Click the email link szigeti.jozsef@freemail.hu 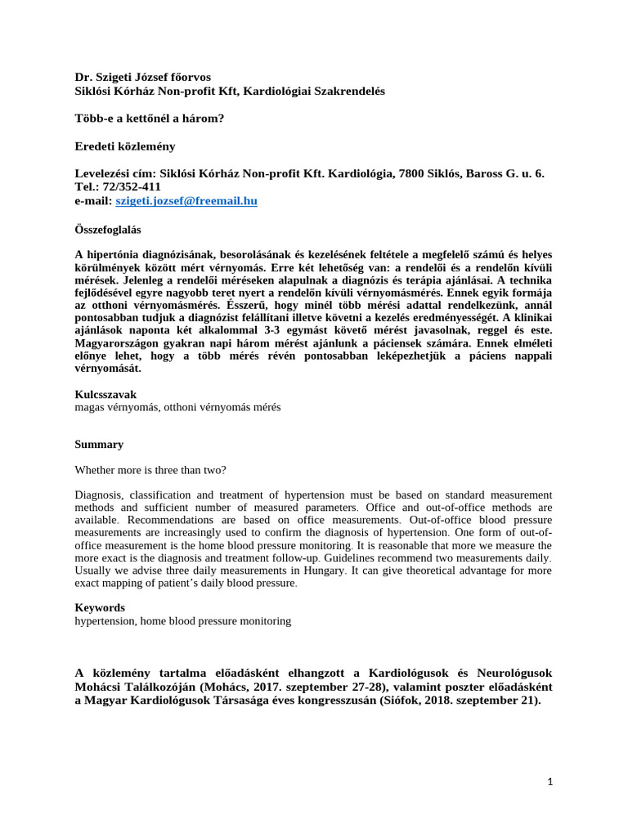point(192,200)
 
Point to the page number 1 point(550,781)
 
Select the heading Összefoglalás point(105,226)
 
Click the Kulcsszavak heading point(105,394)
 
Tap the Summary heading point(99,445)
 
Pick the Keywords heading point(100,607)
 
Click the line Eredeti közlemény point(125,146)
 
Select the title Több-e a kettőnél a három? point(150,119)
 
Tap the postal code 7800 point(417,173)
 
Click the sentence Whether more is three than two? point(151,470)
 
